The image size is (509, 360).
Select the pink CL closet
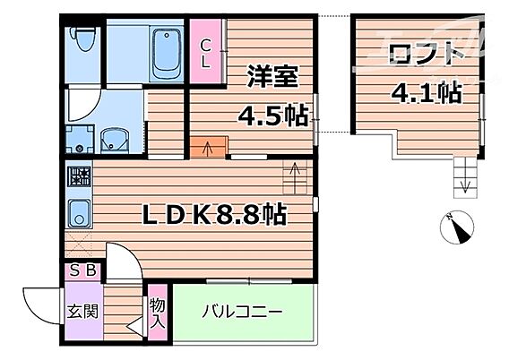206,53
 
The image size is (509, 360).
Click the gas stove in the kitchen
78,176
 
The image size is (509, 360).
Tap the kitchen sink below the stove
78,214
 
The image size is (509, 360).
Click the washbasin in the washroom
115,140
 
